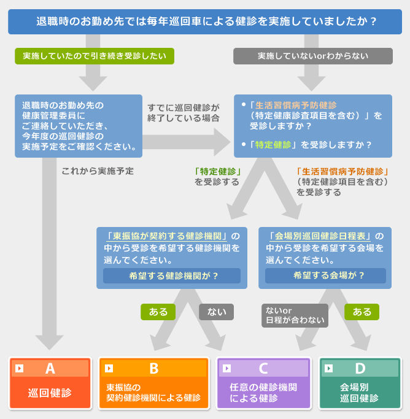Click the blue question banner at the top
coord(205,22)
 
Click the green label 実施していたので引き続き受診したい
coord(95,56)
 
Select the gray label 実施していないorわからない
coord(312,56)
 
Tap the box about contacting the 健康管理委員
coord(79,126)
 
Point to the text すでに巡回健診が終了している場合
coord(183,112)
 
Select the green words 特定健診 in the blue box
coord(273,145)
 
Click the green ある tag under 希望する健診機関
coord(158,312)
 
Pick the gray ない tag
coord(216,312)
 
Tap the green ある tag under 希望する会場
coord(362,312)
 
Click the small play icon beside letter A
coord(20,369)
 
